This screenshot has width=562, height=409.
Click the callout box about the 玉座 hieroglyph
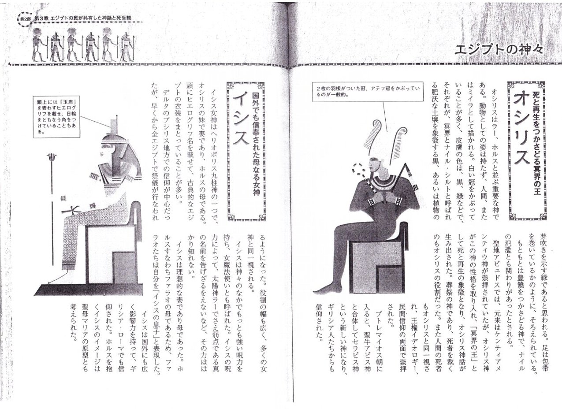click(x=57, y=117)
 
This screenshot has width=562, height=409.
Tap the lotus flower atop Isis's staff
click(x=52, y=157)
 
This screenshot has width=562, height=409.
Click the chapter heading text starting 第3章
click(x=83, y=18)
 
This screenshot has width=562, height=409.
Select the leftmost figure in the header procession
click(x=39, y=45)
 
